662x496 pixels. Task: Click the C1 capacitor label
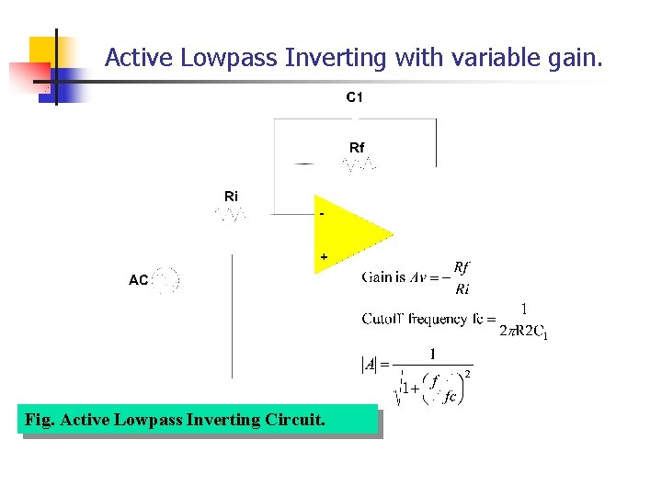pyautogui.click(x=354, y=97)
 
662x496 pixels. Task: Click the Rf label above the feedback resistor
pyautogui.click(x=357, y=147)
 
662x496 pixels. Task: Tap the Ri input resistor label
pyautogui.click(x=231, y=196)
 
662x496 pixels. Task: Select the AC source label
pyautogui.click(x=138, y=280)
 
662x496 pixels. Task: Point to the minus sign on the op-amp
pyautogui.click(x=322, y=214)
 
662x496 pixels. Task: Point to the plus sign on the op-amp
pyautogui.click(x=324, y=258)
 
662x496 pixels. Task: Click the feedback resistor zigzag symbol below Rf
pyautogui.click(x=359, y=164)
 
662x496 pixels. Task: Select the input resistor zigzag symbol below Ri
pyautogui.click(x=231, y=214)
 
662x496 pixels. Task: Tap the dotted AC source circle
pyautogui.click(x=165, y=280)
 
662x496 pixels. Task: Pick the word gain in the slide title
pyautogui.click(x=576, y=58)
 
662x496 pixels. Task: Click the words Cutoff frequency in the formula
pyautogui.click(x=415, y=319)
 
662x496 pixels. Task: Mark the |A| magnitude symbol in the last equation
pyautogui.click(x=369, y=365)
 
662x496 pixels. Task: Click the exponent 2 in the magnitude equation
pyautogui.click(x=468, y=374)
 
